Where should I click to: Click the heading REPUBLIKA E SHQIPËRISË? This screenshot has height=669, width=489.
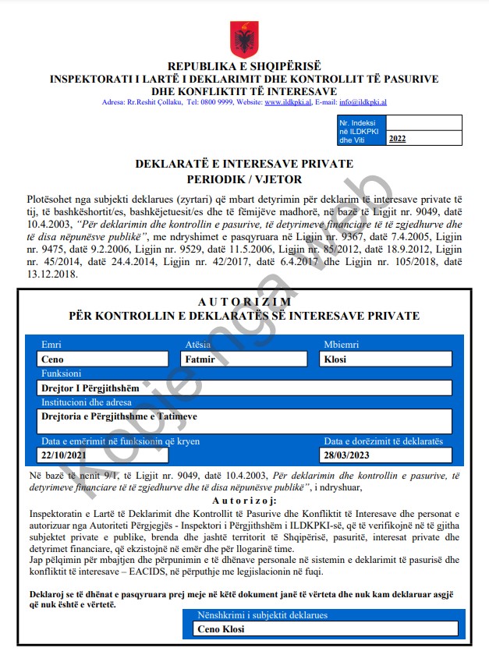click(x=244, y=67)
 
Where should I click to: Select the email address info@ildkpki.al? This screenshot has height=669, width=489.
click(x=363, y=102)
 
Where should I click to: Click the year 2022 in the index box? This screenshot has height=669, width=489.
click(x=397, y=139)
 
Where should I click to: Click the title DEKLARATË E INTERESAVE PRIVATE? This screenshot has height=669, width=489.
click(x=244, y=164)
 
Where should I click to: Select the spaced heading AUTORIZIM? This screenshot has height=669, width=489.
click(x=244, y=302)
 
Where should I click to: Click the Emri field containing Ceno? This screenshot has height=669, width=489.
click(x=103, y=359)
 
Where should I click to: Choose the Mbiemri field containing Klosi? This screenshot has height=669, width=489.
click(x=386, y=359)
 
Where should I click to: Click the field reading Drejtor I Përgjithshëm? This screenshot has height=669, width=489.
click(x=244, y=388)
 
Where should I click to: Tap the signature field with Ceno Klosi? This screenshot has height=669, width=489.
click(x=325, y=628)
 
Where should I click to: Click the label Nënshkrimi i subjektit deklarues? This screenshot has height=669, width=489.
click(x=262, y=615)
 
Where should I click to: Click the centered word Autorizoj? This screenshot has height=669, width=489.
click(x=244, y=500)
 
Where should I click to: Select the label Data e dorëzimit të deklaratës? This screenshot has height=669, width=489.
click(x=383, y=441)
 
